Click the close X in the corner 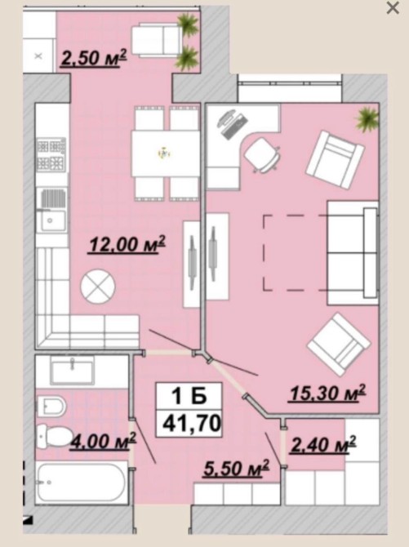pos(393,8)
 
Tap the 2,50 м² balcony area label pos(94,58)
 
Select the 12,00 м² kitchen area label pos(127,244)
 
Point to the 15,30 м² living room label pos(327,394)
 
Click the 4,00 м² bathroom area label pos(103,442)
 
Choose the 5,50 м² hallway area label pos(237,468)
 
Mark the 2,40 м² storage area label pos(322,445)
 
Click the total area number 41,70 pos(192,424)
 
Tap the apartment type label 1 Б pos(189,397)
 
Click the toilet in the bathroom pos(53,436)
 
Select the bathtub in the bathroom pos(81,483)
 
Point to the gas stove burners pos(51,153)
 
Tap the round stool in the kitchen pos(98,286)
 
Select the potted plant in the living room pos(367,119)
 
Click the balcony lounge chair pos(157,39)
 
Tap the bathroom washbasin pos(72,370)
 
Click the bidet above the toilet pos(51,407)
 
